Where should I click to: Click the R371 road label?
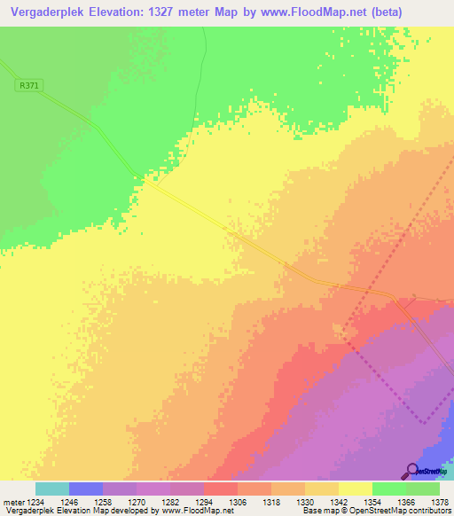(29, 85)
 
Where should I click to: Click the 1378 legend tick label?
(439, 502)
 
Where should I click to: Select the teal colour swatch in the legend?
(52, 489)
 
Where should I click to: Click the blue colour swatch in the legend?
(86, 489)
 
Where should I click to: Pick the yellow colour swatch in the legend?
(356, 489)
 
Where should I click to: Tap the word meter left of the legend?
(13, 502)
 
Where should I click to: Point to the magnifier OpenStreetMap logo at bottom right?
(413, 470)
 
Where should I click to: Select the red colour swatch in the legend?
(221, 489)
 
